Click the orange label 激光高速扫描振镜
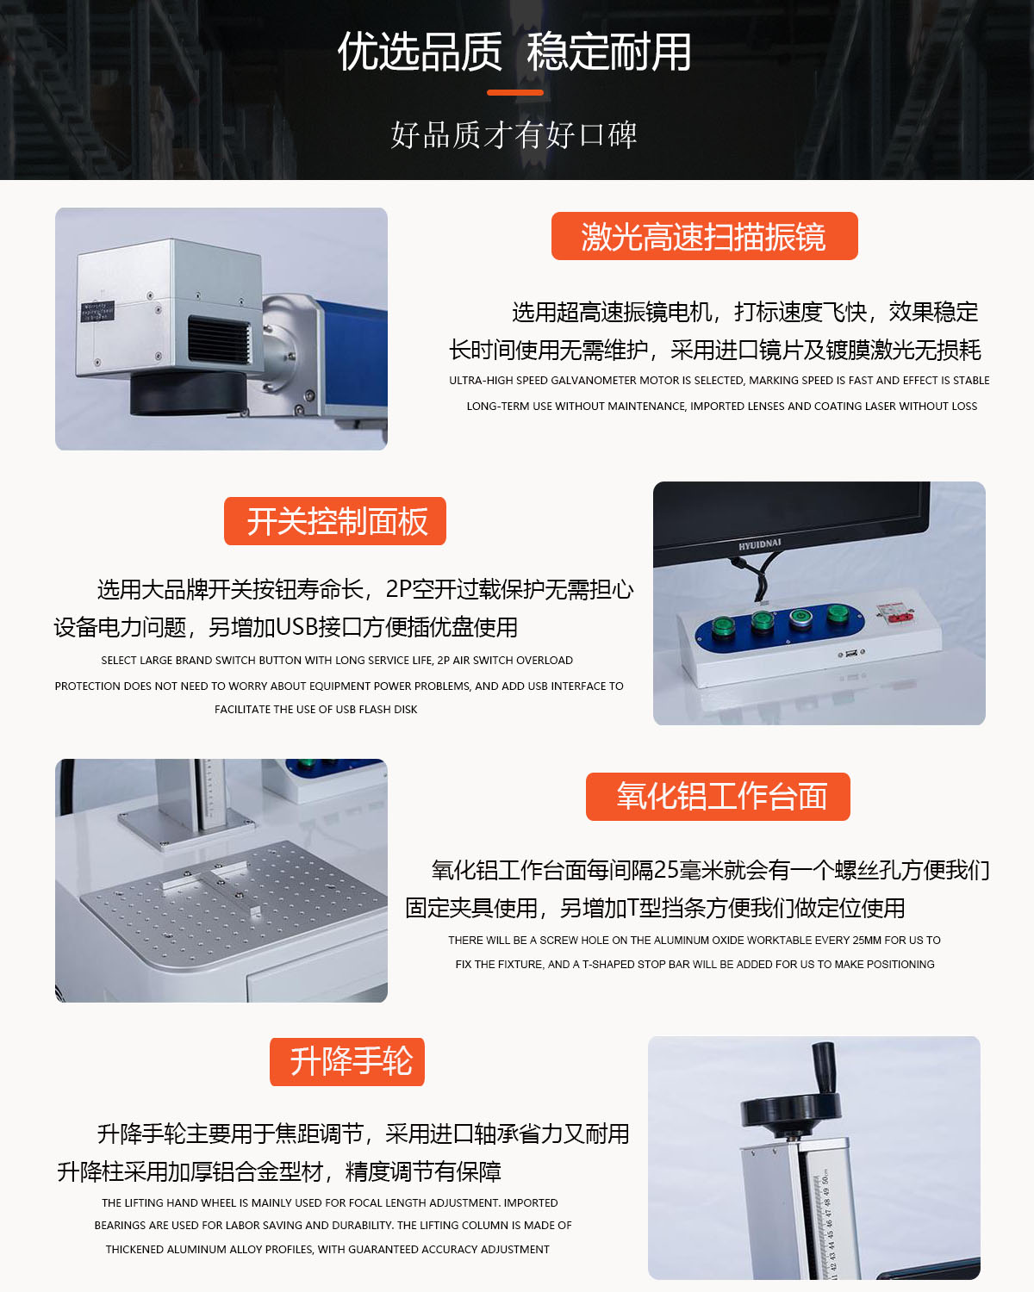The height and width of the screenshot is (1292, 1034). pos(704,236)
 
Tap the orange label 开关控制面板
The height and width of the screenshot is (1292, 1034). pos(334,521)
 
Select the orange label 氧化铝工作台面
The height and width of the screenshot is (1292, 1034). pos(718,797)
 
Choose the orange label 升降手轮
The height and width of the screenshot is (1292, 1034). pos(347,1062)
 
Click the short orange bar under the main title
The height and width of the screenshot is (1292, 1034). pos(515,92)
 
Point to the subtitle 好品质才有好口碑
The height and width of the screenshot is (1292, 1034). pos(514,134)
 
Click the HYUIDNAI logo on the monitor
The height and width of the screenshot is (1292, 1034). pos(759,544)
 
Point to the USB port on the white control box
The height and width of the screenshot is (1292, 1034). pos(850,653)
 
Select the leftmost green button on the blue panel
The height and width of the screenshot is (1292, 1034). pos(723,628)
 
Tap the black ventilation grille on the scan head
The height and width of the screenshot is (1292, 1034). pos(219,340)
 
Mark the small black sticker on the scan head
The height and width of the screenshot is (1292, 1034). pos(97,312)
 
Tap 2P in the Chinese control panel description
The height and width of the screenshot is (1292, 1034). pos(398,589)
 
